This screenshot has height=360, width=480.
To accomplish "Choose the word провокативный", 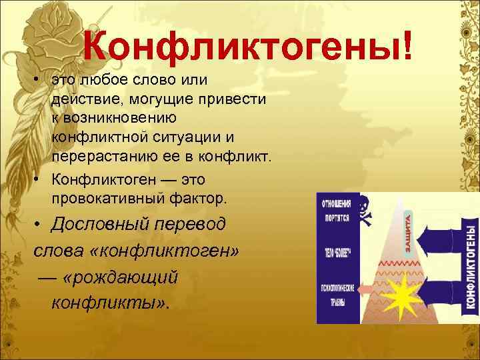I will tap(109, 198).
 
